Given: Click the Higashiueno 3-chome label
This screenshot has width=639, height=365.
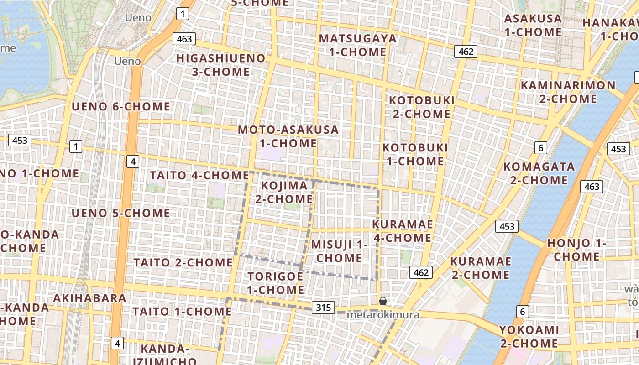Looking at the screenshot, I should click(x=220, y=65).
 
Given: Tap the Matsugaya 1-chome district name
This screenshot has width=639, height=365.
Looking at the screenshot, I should click(x=358, y=45).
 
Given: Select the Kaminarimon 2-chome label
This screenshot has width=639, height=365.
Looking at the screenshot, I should click(x=568, y=92).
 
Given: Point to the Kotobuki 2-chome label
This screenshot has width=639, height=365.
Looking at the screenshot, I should click(x=422, y=107).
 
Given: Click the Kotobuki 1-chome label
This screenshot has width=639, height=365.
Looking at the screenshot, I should click(x=415, y=154).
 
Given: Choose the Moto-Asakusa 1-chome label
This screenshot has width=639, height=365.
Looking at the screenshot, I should click(x=288, y=136).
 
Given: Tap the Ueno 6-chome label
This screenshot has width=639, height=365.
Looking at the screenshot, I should click(x=121, y=107).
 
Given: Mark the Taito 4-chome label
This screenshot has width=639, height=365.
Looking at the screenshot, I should click(x=199, y=175).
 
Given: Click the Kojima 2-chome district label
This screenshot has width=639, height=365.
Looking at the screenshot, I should click(x=284, y=192).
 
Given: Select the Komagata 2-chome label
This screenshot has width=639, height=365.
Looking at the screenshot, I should click(x=539, y=173).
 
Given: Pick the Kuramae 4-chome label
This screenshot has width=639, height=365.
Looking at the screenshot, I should click(x=403, y=231).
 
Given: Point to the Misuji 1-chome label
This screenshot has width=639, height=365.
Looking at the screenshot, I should click(x=339, y=251).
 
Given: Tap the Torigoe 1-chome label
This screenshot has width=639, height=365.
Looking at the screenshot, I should click(x=276, y=283).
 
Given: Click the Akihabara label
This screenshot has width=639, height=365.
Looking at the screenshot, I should click(x=89, y=298).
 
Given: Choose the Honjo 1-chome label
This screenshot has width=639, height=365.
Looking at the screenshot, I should click(x=576, y=250).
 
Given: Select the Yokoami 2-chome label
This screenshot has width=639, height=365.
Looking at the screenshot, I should click(x=529, y=336).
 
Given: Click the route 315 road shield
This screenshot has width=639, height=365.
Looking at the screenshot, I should click(x=324, y=308).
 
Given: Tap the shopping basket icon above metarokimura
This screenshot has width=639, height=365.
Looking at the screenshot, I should click(x=383, y=301).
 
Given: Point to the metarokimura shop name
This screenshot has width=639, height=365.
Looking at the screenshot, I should click(x=383, y=315).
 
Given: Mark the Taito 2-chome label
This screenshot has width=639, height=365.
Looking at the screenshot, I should click(x=183, y=262).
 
